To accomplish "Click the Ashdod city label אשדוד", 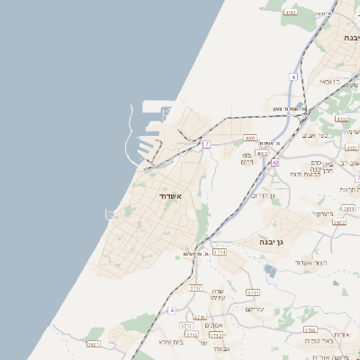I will (171, 195).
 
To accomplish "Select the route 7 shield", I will (206, 144).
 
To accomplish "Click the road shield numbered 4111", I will (290, 13).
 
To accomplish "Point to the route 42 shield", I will (274, 163).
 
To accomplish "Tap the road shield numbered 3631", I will (93, 344).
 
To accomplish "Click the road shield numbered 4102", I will (341, 118).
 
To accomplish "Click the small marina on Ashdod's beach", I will (111, 214).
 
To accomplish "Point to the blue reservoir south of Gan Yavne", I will (270, 270).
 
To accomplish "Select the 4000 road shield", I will (250, 138).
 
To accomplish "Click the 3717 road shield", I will (195, 288).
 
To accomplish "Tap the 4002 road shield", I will (262, 154).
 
